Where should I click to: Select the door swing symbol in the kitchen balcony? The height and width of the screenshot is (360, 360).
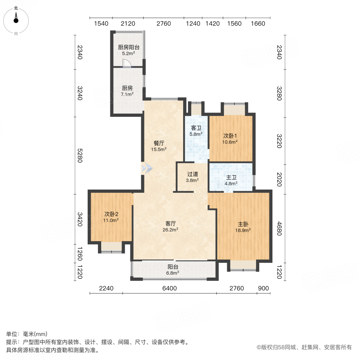tap(126, 63)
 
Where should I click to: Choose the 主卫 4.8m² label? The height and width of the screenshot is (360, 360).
tap(230, 180)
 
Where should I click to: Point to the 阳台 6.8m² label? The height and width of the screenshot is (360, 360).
tap(173, 270)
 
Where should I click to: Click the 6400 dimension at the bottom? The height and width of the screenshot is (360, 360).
tap(170, 288)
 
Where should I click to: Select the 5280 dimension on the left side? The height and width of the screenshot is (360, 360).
tap(79, 156)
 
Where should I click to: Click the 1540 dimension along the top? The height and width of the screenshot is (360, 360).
tap(101, 24)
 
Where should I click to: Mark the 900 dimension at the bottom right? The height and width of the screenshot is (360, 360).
tap(264, 288)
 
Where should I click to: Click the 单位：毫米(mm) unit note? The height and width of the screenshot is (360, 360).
tap(27, 334)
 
